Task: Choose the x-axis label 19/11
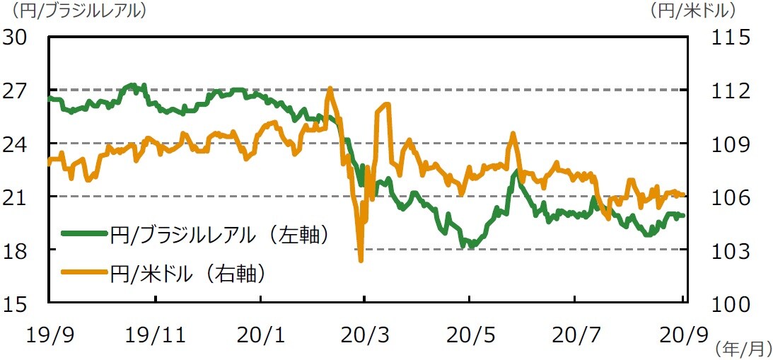[x=156, y=335]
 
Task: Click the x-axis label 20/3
[x=364, y=335]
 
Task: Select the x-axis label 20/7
[x=575, y=335]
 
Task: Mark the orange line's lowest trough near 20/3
[x=361, y=260]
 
